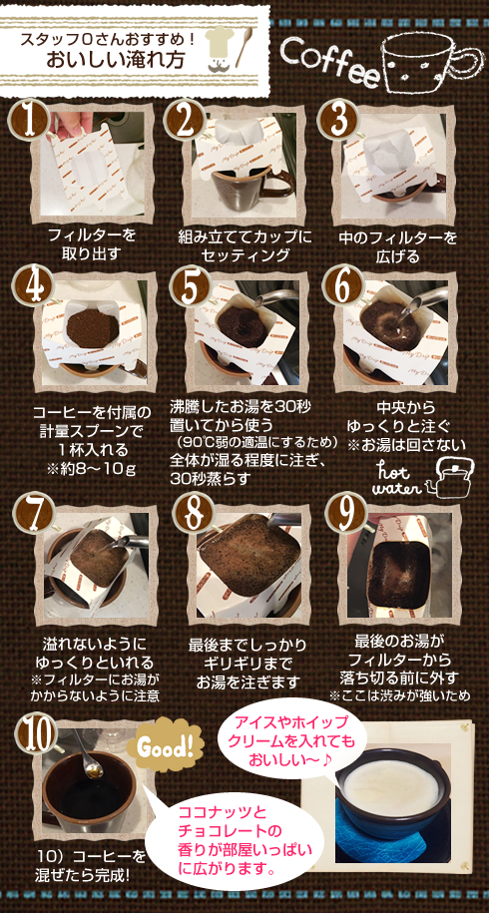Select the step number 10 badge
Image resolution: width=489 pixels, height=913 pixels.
(x=37, y=734)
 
